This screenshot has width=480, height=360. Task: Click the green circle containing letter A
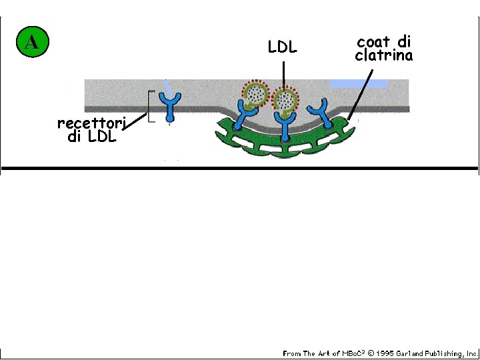click(31, 43)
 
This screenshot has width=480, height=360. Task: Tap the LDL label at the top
click(282, 48)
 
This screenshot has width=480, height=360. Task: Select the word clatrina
click(383, 56)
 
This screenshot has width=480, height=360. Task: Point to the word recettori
click(91, 123)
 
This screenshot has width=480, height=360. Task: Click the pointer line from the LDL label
click(283, 73)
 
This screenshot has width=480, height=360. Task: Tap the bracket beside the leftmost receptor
click(151, 107)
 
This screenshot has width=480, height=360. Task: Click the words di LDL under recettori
click(91, 137)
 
